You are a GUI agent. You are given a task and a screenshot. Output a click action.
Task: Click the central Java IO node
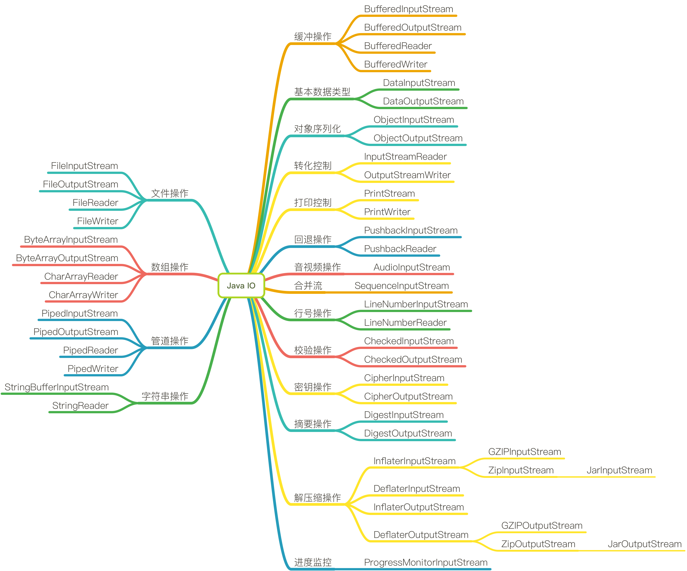pos(241,286)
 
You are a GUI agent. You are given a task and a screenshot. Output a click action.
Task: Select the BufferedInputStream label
pos(408,9)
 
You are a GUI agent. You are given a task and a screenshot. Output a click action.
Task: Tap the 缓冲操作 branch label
pos(312,37)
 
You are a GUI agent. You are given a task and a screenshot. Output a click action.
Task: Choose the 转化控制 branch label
pos(312,166)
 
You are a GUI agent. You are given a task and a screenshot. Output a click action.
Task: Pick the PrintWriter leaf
pos(387,212)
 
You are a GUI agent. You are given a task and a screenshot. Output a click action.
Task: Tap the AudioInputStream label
pos(411,267)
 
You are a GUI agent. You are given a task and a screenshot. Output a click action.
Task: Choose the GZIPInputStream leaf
pos(524,452)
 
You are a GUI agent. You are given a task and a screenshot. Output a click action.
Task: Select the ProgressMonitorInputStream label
pos(425,562)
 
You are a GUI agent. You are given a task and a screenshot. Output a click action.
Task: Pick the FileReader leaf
pos(95,203)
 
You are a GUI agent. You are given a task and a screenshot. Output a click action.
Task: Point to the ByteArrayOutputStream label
pos(67,258)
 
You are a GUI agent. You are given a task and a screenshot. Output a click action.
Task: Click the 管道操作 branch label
pos(169,341)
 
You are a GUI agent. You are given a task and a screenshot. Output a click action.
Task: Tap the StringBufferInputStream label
pos(57,387)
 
